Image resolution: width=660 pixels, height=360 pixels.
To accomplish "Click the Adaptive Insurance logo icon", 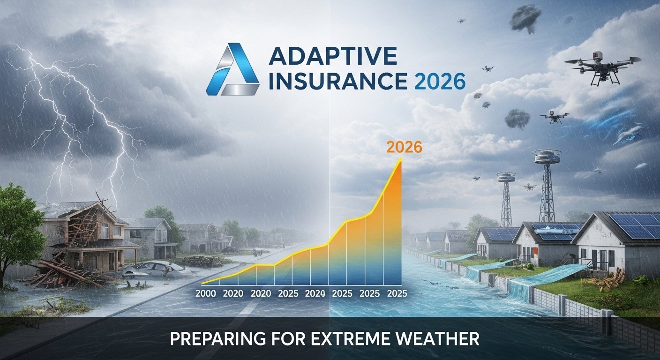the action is [x=233, y=69].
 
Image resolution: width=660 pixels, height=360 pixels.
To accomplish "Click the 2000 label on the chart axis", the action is [x=206, y=293].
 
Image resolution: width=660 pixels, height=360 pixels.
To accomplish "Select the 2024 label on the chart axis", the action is [x=315, y=293].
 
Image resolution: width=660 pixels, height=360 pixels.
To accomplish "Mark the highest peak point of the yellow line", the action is [x=400, y=159].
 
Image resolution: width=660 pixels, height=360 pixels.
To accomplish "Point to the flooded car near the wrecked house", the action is [x=153, y=269].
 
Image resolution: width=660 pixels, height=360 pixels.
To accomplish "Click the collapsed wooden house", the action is [x=89, y=236].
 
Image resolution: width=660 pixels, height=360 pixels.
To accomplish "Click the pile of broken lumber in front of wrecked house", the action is [x=68, y=274].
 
